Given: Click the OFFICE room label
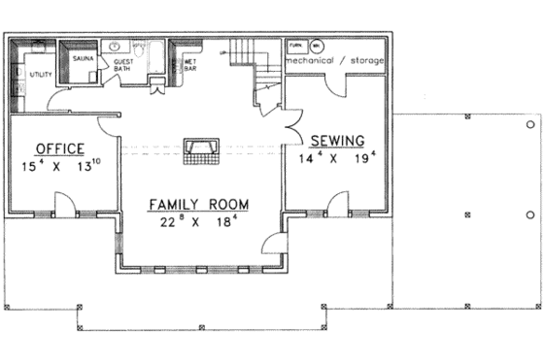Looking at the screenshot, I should pyautogui.click(x=59, y=148).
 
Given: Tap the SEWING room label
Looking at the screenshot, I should pyautogui.click(x=331, y=140).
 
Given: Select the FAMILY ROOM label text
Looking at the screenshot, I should pyautogui.click(x=198, y=205).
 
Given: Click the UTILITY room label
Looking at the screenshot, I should pyautogui.click(x=40, y=74).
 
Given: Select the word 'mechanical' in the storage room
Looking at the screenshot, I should pyautogui.click(x=316, y=60).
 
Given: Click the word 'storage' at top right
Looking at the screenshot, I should pyautogui.click(x=367, y=60).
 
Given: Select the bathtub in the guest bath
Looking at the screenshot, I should pyautogui.click(x=153, y=49).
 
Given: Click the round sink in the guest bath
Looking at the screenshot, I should pyautogui.click(x=113, y=46).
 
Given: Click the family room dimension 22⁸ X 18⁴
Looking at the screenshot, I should pyautogui.click(x=198, y=222).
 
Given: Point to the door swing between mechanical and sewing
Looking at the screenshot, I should pyautogui.click(x=335, y=85).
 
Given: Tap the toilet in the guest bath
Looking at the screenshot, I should pyautogui.click(x=159, y=80).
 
